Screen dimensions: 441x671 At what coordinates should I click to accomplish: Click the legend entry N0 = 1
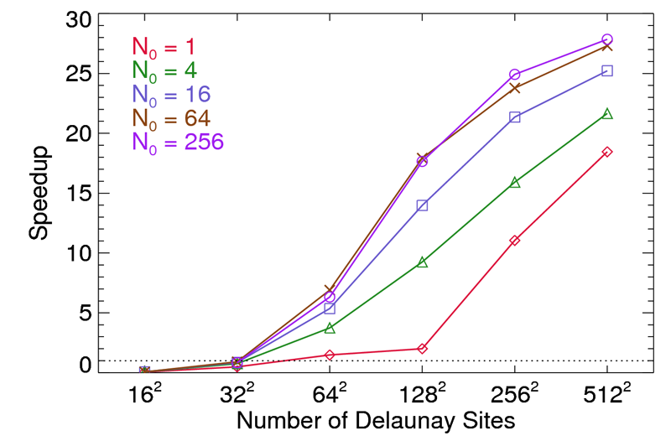(167, 48)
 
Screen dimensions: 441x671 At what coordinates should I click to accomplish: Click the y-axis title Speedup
(39, 194)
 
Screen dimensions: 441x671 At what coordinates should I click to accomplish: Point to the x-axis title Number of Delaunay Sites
(374, 419)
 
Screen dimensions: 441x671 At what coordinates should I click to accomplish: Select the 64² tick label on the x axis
(330, 393)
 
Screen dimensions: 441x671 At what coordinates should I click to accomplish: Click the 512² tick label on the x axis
(606, 393)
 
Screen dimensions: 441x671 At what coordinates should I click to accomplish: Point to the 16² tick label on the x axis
(144, 393)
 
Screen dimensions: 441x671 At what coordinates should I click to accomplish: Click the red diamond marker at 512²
(607, 152)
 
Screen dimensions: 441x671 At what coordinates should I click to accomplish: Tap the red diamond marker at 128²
(422, 348)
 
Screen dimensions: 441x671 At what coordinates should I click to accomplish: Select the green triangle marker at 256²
(515, 182)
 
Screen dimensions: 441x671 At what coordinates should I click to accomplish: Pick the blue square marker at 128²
(422, 205)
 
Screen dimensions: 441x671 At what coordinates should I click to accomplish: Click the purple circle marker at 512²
(607, 39)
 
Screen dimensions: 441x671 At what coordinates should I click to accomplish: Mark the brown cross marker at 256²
(515, 87)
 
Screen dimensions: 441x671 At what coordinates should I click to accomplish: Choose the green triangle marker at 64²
(330, 328)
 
